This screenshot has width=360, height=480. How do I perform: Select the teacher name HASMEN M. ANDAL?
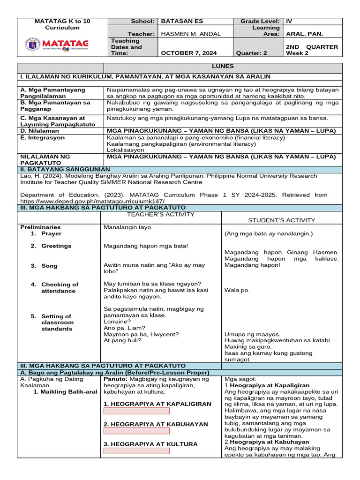click(x=190, y=34)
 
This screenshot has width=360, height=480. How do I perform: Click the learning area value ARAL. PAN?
click(x=305, y=34)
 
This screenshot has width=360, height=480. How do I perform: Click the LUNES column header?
click(x=223, y=67)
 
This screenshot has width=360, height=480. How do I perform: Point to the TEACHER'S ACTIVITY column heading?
click(x=161, y=215)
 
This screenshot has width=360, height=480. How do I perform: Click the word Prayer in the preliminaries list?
click(x=51, y=233)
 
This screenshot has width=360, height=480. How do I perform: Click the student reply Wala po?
click(x=237, y=290)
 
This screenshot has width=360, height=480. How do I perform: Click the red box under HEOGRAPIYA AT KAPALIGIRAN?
click(x=136, y=411)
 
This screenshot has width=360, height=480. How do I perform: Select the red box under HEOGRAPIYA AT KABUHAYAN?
click(x=136, y=431)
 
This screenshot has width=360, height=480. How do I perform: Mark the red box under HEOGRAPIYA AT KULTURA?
click(x=136, y=451)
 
